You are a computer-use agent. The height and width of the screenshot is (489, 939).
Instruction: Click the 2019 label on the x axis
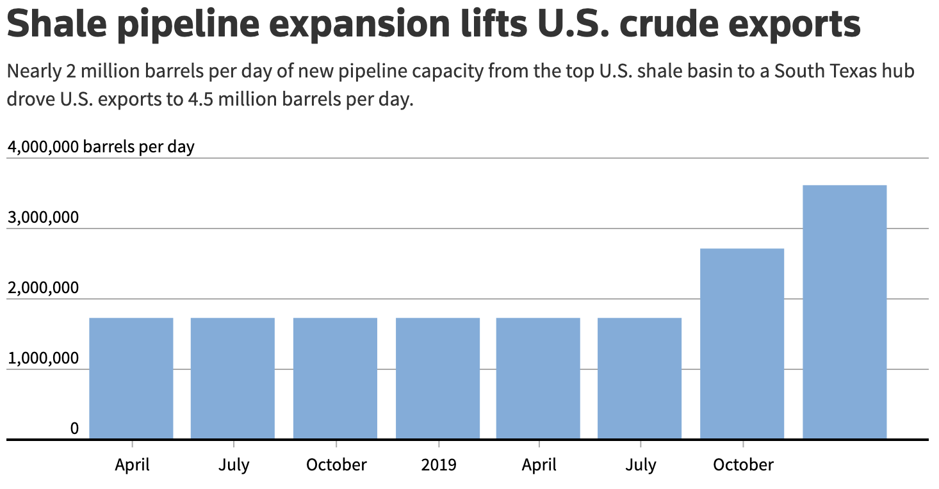(439, 464)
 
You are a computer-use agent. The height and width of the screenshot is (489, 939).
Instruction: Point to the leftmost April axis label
(132, 464)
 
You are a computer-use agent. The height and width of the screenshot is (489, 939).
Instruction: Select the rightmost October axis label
(743, 464)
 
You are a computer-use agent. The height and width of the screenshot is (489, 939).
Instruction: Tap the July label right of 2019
(641, 464)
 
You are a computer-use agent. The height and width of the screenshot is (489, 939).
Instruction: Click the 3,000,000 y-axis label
(43, 218)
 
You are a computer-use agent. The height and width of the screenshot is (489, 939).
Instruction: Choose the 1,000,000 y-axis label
(43, 358)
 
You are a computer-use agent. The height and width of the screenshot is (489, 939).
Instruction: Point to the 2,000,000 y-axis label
(43, 288)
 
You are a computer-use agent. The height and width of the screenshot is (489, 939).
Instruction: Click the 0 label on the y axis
(74, 428)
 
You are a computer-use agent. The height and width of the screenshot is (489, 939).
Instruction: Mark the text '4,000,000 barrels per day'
(101, 147)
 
